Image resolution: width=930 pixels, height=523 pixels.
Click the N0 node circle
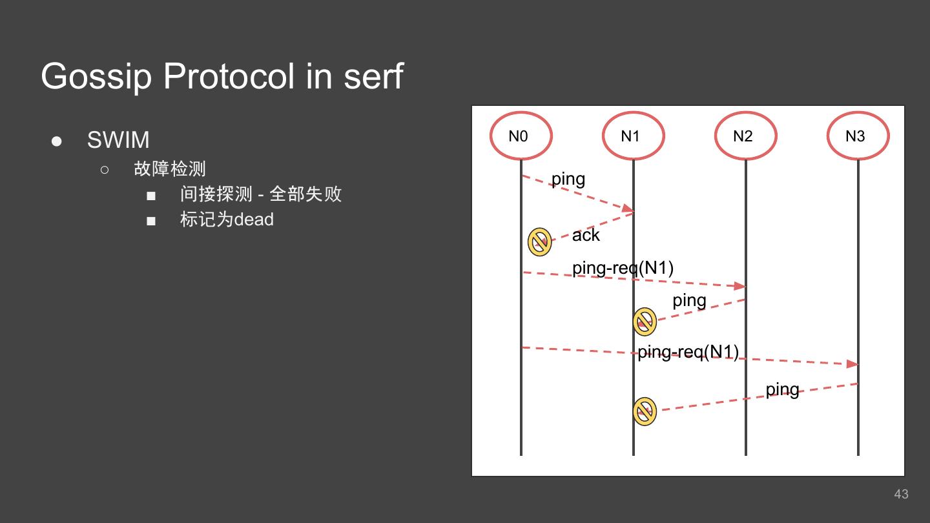521,136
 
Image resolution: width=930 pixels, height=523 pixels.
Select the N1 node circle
633,136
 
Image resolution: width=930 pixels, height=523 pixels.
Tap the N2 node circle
745,136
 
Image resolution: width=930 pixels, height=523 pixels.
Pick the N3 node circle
858,136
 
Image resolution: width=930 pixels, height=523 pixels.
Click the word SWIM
118,140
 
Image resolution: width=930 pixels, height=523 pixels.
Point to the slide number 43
901,494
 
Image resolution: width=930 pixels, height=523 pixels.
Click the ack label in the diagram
586,235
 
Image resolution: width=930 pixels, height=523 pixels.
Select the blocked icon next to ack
539,242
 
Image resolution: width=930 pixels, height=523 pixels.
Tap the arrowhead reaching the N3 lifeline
852,364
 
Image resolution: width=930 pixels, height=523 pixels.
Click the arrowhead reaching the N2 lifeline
740,286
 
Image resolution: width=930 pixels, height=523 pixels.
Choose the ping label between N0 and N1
568,179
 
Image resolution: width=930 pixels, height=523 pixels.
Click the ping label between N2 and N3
782,389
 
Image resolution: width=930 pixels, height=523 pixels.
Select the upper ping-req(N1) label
623,267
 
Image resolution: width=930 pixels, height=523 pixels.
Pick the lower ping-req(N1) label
688,352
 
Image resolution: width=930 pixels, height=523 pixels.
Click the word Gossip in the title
96,77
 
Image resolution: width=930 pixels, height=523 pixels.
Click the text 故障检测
170,169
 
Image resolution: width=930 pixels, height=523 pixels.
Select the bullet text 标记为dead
227,220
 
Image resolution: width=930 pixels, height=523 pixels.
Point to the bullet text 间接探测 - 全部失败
261,194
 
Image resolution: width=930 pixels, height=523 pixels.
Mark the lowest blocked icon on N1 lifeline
645,411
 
